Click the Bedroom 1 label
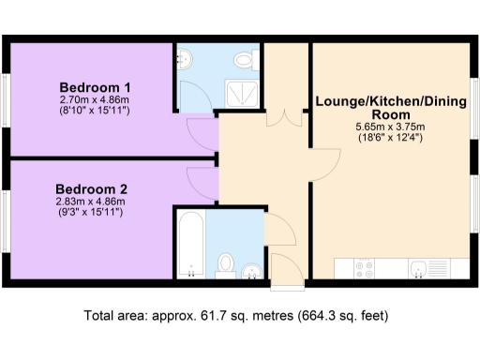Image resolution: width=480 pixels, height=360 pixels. click(90, 82)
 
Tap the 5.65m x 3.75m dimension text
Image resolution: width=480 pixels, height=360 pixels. click(389, 127)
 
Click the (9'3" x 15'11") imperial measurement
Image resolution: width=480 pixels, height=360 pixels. click(89, 213)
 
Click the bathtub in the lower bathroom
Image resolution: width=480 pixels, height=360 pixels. click(191, 244)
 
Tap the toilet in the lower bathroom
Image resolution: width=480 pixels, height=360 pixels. click(226, 262)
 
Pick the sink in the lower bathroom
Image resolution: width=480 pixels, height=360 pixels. click(251, 271)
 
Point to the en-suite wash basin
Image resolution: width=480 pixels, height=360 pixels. click(183, 61)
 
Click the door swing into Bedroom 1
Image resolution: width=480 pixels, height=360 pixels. click(202, 131)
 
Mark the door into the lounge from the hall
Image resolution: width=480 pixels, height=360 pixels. click(323, 164)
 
